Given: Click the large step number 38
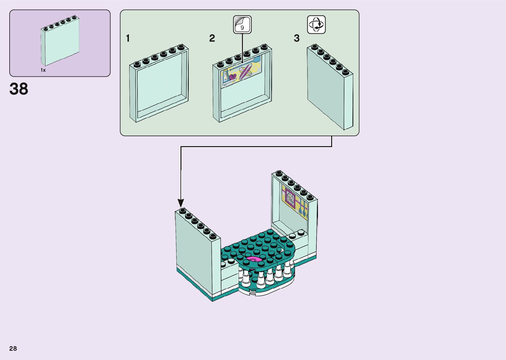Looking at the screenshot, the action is (19, 89).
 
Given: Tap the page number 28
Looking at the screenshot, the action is (13, 348).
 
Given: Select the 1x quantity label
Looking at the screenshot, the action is (43, 70).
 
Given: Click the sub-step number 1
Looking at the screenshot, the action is (128, 39).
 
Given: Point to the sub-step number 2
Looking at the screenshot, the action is (212, 39).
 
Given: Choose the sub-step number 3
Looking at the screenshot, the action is (296, 39).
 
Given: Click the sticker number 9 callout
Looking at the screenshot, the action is (242, 25).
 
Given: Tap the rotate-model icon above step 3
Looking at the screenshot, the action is (316, 24).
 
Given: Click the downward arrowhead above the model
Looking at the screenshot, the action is (181, 203).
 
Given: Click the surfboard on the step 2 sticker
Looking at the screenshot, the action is (246, 72).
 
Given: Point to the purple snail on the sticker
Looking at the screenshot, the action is (232, 77).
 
